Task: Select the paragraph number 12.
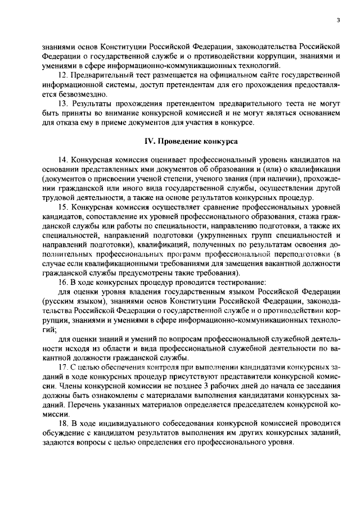pos(63,74)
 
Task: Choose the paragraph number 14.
pos(63,160)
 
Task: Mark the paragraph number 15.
pos(63,207)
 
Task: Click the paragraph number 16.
pos(63,282)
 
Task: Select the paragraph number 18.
pos(63,423)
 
